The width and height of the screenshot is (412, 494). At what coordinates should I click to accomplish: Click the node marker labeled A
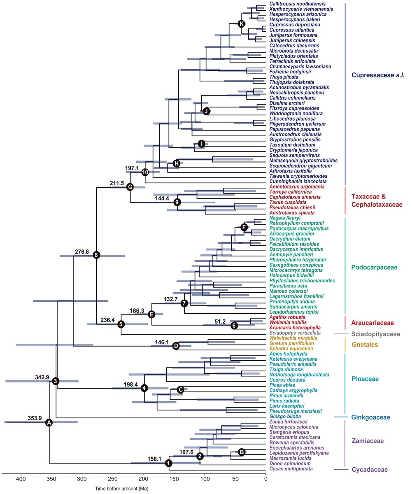49,422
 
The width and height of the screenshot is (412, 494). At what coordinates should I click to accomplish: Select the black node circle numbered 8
96,255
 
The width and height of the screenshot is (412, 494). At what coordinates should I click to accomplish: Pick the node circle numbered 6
234,325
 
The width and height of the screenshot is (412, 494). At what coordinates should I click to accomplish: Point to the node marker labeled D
176,346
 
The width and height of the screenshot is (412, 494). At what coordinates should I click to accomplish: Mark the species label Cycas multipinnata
291,469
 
